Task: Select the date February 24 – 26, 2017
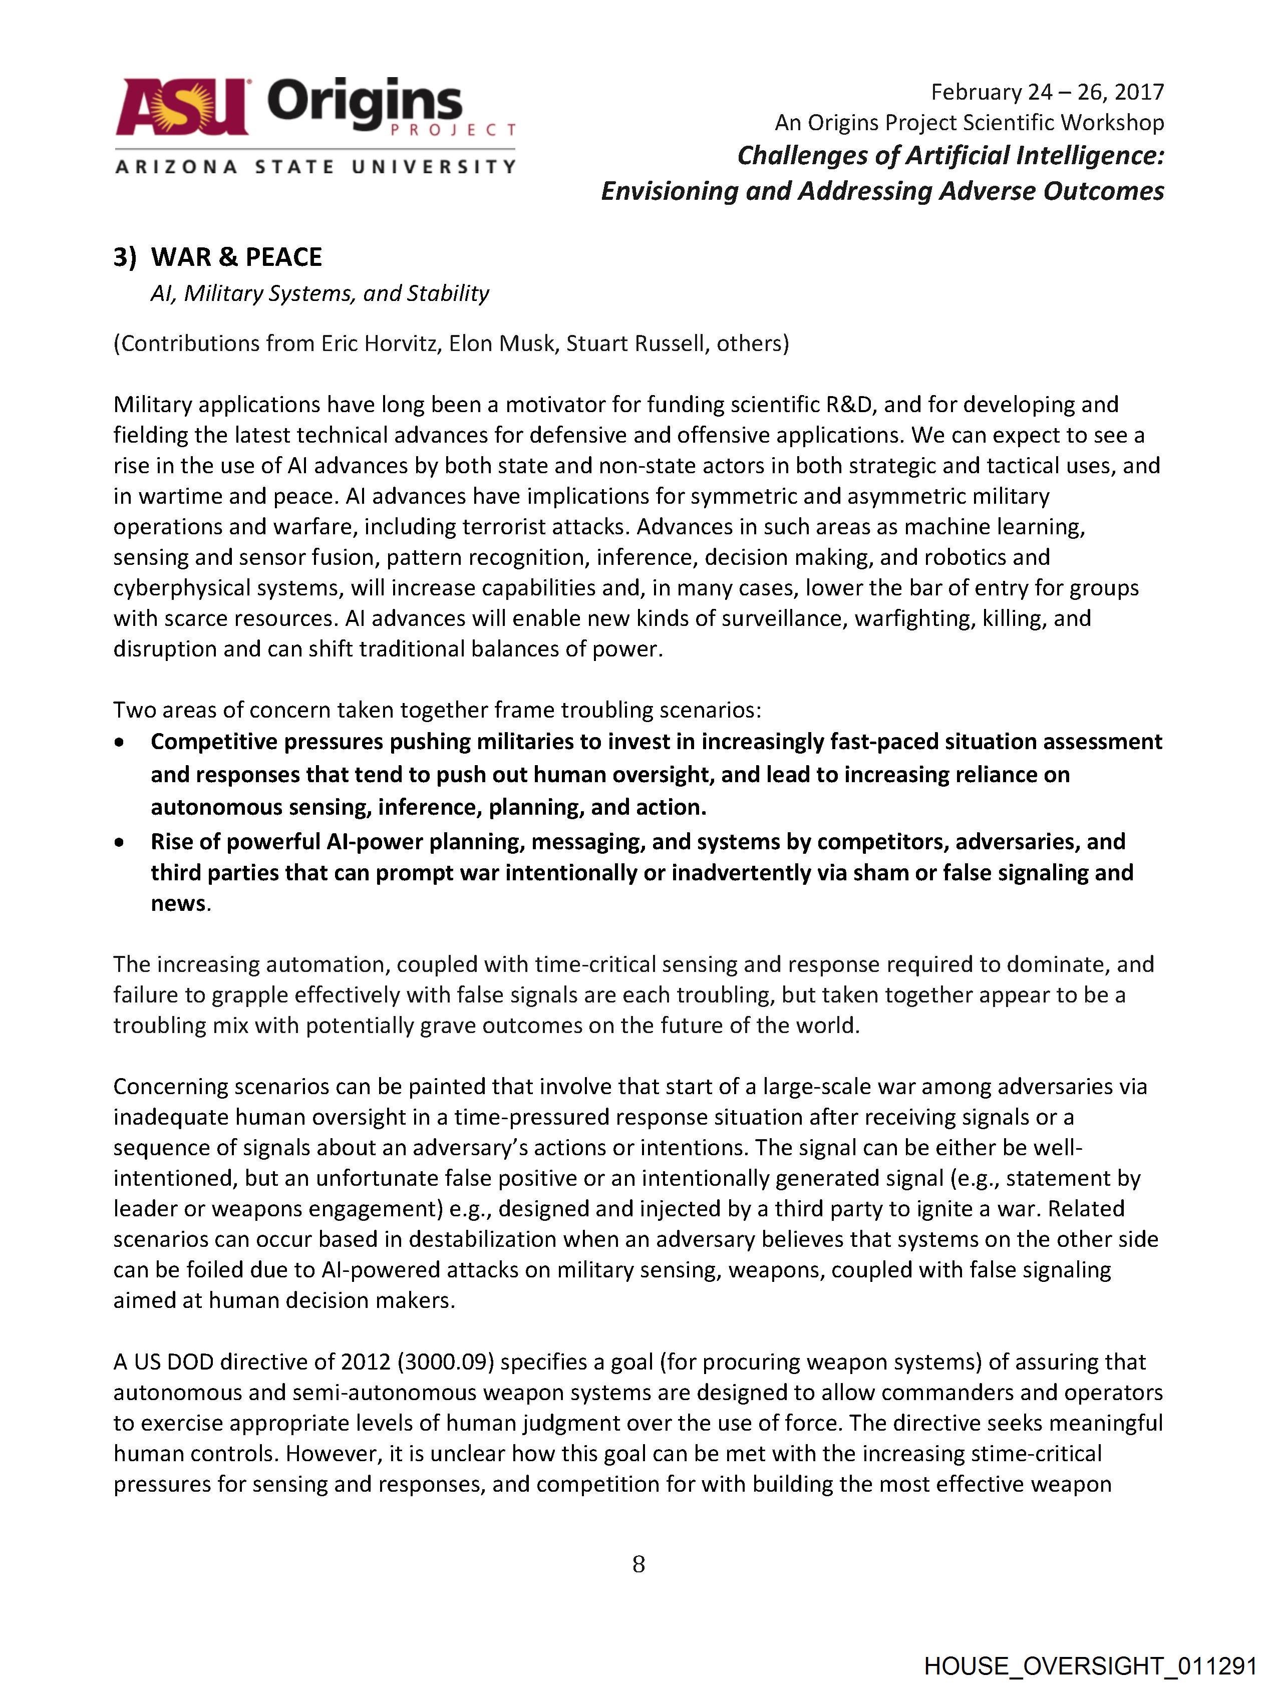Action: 1047,92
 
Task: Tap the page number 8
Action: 638,1565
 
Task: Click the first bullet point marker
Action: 119,742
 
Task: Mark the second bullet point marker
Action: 119,842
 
